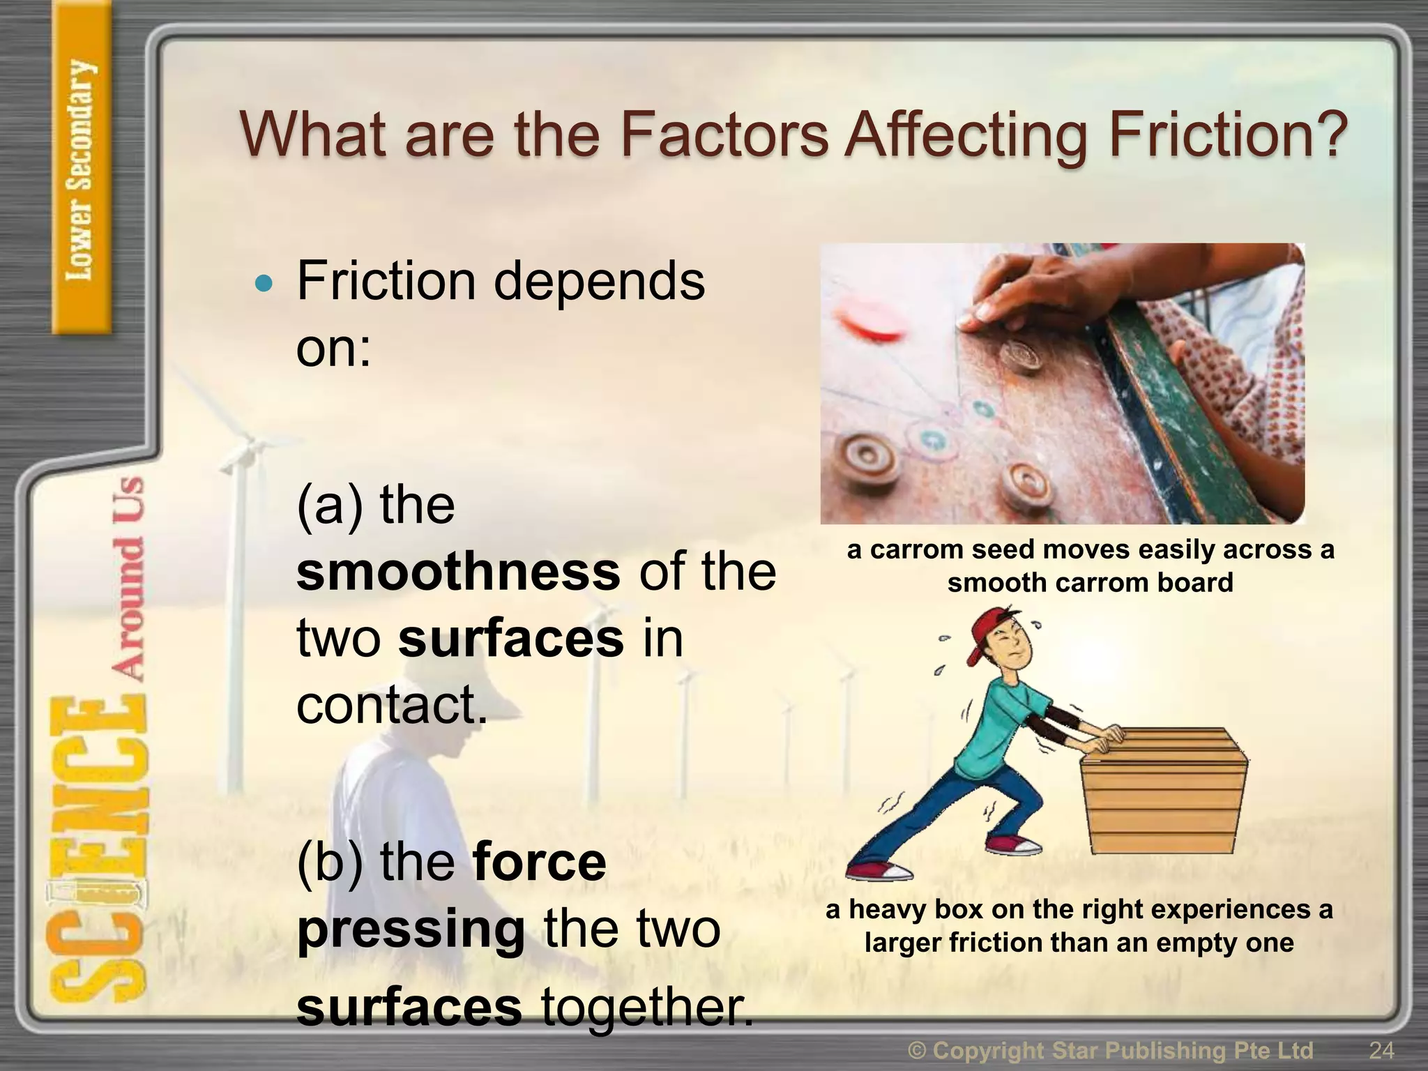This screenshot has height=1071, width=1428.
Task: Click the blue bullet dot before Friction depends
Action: point(264,284)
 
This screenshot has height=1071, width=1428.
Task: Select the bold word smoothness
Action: point(458,572)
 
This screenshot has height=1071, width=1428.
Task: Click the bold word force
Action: point(539,862)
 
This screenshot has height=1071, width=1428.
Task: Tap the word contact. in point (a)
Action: point(390,705)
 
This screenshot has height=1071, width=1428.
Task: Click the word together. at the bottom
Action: point(648,1008)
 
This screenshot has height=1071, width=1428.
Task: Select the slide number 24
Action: point(1381,1050)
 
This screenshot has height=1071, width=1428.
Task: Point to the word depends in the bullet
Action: point(599,282)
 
